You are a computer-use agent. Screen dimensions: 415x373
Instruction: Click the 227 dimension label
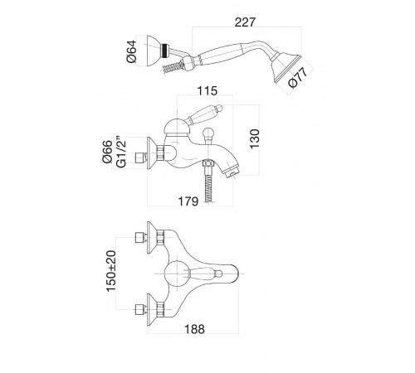pos(245,22)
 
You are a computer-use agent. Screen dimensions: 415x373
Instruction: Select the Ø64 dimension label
pos(131,51)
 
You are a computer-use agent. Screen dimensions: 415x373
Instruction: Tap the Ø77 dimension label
pos(298,78)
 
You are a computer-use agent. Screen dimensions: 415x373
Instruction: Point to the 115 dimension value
pos(207,90)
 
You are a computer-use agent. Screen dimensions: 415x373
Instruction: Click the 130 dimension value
pos(255,138)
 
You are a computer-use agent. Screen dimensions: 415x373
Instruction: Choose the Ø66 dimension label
pos(108,152)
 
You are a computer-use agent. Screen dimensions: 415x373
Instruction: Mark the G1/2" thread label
pos(121,152)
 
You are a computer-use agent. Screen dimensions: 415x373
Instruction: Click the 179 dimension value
pos(188,201)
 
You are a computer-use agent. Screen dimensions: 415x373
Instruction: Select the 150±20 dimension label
pos(111,271)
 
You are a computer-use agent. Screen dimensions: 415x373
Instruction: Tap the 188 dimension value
pos(194,329)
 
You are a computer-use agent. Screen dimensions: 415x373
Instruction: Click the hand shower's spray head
pos(286,69)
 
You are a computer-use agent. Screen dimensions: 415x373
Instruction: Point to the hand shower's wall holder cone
pos(154,51)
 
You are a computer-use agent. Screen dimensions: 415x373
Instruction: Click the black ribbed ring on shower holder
pos(165,51)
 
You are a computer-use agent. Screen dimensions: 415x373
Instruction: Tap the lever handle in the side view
pos(204,114)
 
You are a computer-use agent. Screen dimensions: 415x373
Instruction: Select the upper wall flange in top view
pos(152,238)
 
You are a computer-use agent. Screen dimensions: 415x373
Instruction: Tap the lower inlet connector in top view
pos(141,309)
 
